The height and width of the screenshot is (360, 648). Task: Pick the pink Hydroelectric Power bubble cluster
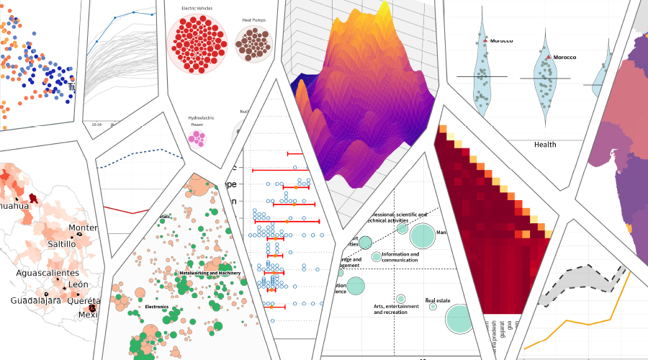click(x=197, y=137)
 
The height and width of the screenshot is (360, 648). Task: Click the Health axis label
click(x=545, y=145)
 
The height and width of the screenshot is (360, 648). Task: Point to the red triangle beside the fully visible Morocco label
click(x=549, y=56)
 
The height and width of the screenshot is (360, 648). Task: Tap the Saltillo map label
click(x=60, y=244)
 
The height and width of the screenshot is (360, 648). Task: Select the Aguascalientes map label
click(x=49, y=274)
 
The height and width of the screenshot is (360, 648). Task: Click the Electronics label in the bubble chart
click(x=156, y=307)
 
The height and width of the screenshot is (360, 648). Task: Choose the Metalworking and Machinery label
click(x=210, y=273)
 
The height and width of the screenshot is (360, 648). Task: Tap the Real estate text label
click(x=438, y=300)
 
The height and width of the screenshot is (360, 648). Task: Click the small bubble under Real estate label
click(x=433, y=307)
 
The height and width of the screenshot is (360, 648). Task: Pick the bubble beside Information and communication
click(x=376, y=257)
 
